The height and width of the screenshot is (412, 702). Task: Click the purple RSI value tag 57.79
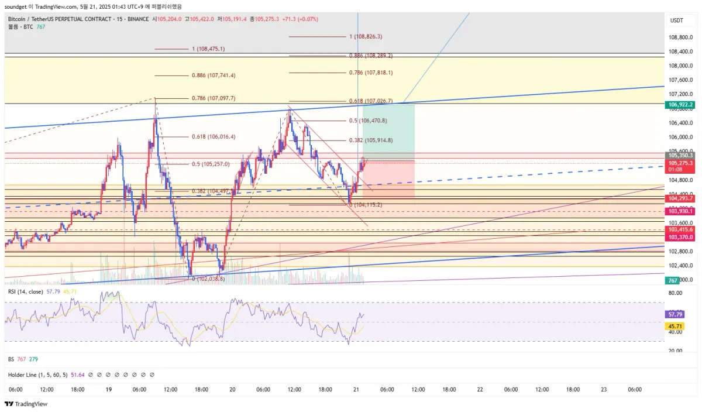click(x=674, y=314)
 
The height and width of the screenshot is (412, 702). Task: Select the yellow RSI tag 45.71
click(x=674, y=326)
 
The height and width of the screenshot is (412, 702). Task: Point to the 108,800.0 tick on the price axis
click(x=679, y=37)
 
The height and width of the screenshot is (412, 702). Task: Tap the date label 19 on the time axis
click(x=108, y=389)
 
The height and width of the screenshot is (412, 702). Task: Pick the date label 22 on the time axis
click(x=480, y=389)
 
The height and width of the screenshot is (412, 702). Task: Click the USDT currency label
click(x=676, y=20)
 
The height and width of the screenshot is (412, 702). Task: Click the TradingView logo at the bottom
click(x=26, y=404)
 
